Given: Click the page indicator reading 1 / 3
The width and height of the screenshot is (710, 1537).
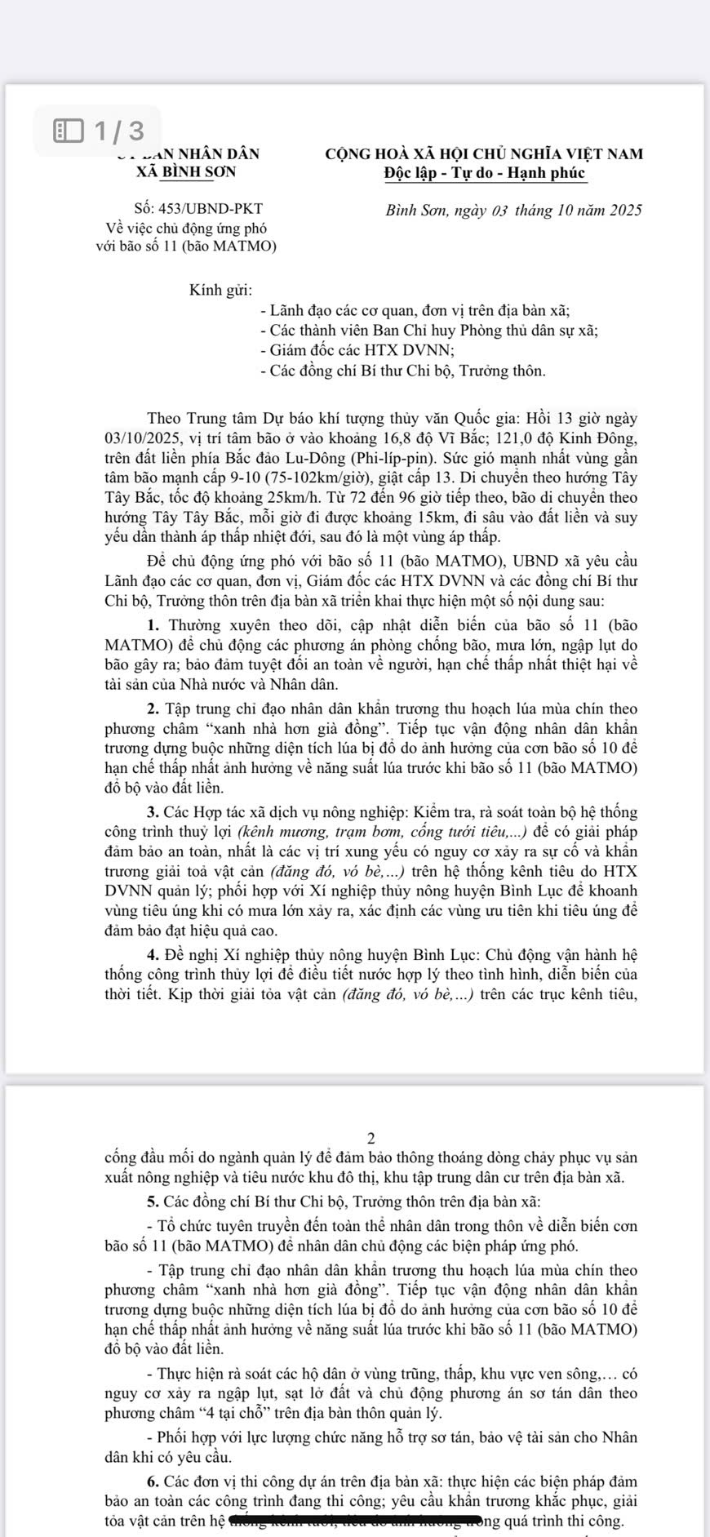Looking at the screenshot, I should [118, 131].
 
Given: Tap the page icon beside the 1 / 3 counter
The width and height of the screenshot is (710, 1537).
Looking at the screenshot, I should [69, 131].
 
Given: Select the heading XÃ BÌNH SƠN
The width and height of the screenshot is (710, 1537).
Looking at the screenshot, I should [187, 172].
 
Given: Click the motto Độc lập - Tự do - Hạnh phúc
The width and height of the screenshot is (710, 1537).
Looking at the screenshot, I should [485, 173].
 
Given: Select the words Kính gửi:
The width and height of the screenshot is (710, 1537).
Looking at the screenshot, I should [220, 290].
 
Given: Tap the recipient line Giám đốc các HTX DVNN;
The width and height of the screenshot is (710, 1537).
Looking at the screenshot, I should [357, 350].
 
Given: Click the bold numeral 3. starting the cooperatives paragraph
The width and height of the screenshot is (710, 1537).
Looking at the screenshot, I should [153, 812].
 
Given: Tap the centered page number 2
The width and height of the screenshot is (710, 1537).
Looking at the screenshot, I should [371, 1138].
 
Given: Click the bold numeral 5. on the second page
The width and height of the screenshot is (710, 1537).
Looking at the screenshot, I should [153, 1202].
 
